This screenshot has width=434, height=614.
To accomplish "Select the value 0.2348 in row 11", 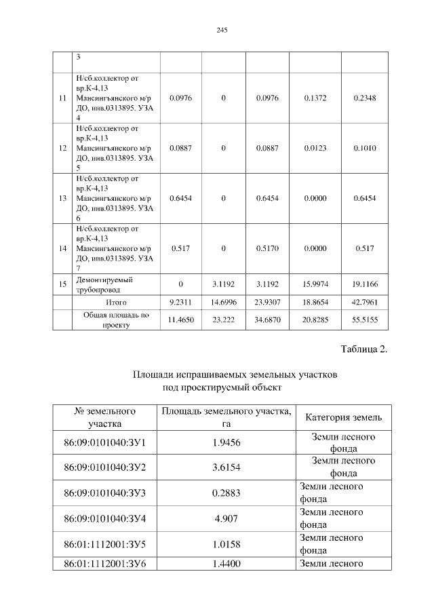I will point(365,98).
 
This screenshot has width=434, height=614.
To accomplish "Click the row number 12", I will point(62,148).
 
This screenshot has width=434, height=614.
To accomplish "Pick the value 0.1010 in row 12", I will point(365,148).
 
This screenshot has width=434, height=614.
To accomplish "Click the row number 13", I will point(62,198).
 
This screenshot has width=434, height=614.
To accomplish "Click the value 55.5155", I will point(365,319).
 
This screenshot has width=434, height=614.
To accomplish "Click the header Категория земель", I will point(344,417).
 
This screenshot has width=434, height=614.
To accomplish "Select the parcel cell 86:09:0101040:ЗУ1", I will point(104,443).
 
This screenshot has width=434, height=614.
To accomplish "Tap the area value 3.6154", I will point(226,467).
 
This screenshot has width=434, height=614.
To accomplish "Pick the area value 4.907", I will point(226,518).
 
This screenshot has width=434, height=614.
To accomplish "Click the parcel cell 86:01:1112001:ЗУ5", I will point(104,543).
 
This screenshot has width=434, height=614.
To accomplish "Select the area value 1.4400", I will point(226,563).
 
